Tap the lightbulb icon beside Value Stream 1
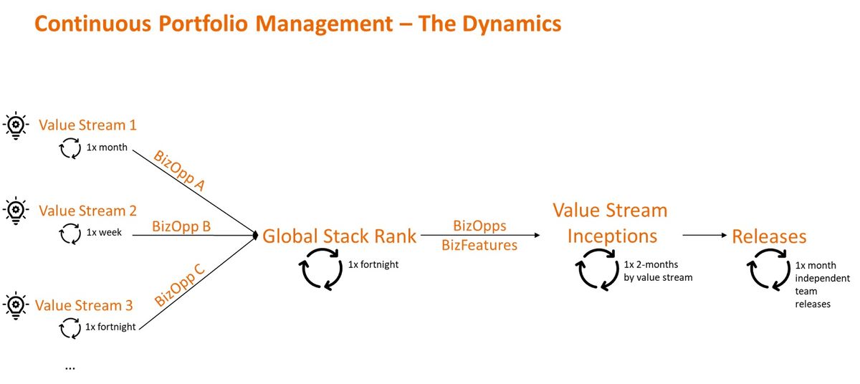pyautogui.click(x=15, y=125)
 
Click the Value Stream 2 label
pyautogui.click(x=87, y=211)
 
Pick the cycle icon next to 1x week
pyautogui.click(x=70, y=233)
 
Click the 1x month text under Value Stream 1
pyautogui.click(x=107, y=148)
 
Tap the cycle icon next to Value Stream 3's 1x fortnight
pyautogui.click(x=70, y=327)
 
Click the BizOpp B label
pyautogui.click(x=181, y=226)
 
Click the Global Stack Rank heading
pyautogui.click(x=339, y=236)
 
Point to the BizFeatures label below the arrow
pyautogui.click(x=479, y=245)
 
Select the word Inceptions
pyautogui.click(x=612, y=236)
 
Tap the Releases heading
pyautogui.click(x=768, y=236)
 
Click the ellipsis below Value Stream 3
pyautogui.click(x=70, y=367)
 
